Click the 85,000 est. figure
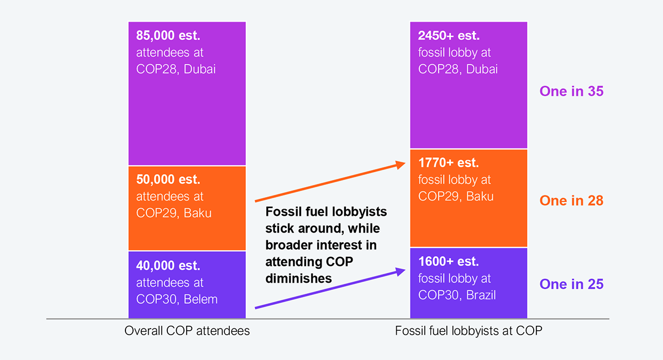coord(168,36)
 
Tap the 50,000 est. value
coord(168,179)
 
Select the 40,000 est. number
coord(168,266)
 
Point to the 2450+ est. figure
coord(449,36)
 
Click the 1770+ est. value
coord(449,163)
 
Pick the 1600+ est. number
coord(449,262)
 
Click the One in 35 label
coord(571,91)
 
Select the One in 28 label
coord(571,200)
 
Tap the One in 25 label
coord(571,284)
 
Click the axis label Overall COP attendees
coord(187,331)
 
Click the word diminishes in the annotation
coord(298,278)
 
